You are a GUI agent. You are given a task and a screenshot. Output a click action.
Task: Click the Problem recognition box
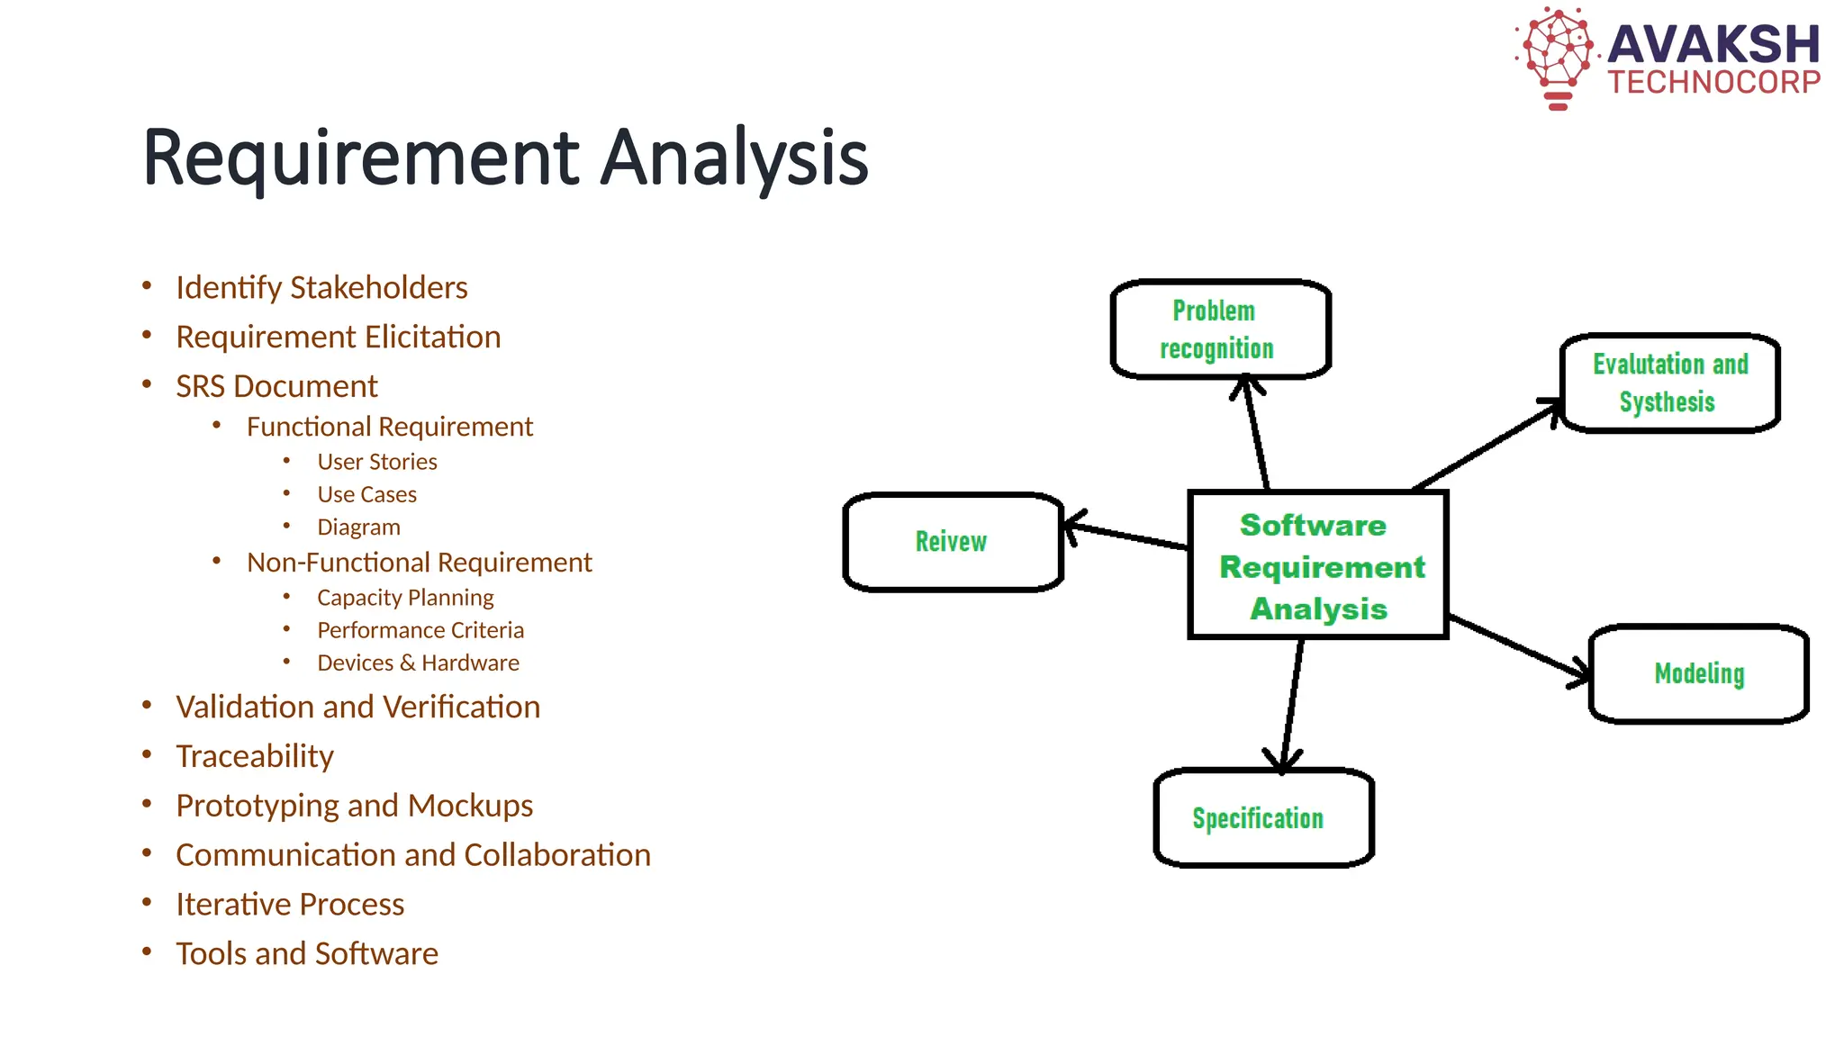click(x=1220, y=329)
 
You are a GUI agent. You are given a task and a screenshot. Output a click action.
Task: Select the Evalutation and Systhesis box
click(x=1669, y=383)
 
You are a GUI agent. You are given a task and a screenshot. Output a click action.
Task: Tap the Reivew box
click(x=953, y=542)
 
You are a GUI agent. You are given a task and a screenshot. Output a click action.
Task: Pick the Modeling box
click(x=1698, y=673)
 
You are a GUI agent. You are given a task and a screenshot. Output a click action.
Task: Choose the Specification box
click(x=1262, y=817)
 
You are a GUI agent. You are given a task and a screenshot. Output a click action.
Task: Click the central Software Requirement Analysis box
click(x=1318, y=565)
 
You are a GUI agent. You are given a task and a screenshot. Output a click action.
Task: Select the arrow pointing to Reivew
click(x=1125, y=535)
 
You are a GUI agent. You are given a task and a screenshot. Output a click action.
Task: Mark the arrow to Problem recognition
click(x=1255, y=432)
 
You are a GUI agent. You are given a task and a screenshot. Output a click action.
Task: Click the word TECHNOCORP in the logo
click(x=1713, y=83)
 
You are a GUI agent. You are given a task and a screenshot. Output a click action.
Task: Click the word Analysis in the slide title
click(x=734, y=158)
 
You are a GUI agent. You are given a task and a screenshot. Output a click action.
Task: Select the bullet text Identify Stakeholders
click(x=321, y=288)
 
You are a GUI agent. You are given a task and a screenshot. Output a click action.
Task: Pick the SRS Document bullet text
click(x=276, y=386)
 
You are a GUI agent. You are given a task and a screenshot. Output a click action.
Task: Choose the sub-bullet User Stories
click(x=376, y=462)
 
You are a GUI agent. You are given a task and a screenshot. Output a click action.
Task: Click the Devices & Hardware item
click(x=418, y=663)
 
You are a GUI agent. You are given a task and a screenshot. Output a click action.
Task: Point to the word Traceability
click(x=255, y=756)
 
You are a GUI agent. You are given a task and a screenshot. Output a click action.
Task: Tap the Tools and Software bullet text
click(x=307, y=953)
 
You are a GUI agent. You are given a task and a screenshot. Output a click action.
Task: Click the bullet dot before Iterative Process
click(x=147, y=902)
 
